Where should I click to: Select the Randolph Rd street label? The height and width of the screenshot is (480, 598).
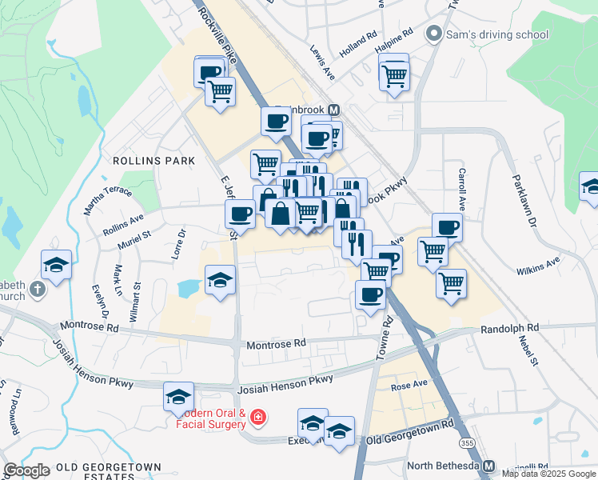point(509,329)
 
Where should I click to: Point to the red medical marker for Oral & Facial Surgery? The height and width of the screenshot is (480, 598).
point(258,417)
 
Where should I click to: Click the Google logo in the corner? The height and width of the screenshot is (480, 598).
point(26,470)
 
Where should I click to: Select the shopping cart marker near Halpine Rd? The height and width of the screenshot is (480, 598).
point(394,75)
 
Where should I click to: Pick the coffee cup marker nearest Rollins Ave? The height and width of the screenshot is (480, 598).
point(240,214)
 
